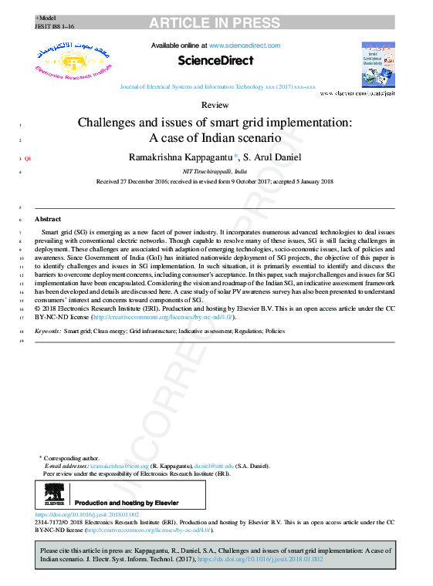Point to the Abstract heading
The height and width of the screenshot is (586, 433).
(48, 220)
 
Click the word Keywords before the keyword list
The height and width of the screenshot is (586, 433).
(47, 331)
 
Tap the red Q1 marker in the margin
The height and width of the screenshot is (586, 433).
(28, 158)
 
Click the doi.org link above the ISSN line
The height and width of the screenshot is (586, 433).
(87, 514)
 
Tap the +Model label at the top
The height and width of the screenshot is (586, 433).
(46, 17)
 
